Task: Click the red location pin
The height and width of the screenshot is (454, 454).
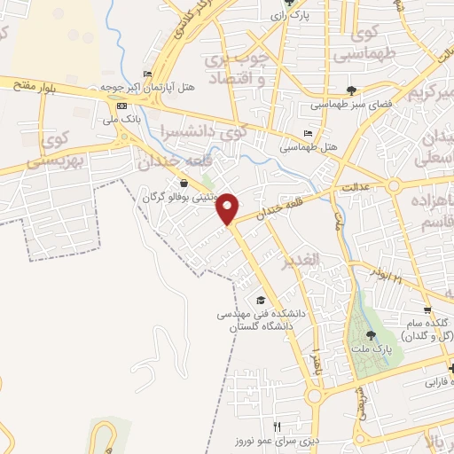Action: (229, 208)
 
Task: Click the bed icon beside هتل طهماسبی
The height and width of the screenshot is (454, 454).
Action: (308, 133)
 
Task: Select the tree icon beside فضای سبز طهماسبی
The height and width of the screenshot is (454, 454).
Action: (351, 90)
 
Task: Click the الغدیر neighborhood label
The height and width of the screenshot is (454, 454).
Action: (300, 263)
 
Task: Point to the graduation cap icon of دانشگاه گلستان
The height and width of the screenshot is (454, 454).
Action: (260, 300)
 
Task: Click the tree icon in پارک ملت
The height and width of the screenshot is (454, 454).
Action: (371, 335)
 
